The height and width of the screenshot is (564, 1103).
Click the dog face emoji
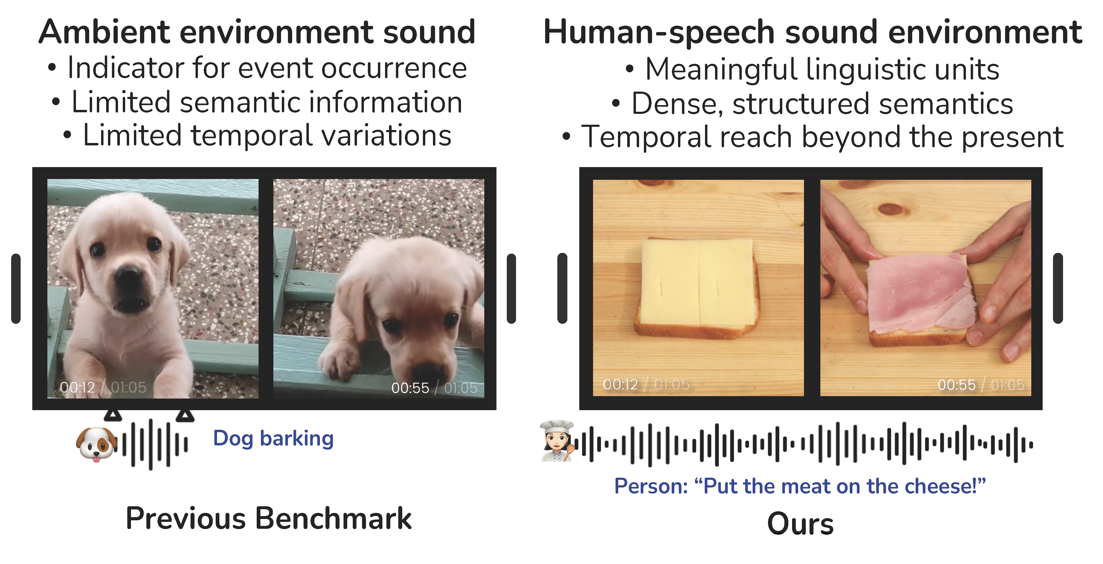point(96,444)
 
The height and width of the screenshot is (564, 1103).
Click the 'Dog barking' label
point(273,439)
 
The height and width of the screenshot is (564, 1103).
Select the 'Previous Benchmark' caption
point(268,518)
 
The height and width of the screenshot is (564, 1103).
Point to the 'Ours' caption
point(800,524)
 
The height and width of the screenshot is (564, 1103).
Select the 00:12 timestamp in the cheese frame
point(620,384)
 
